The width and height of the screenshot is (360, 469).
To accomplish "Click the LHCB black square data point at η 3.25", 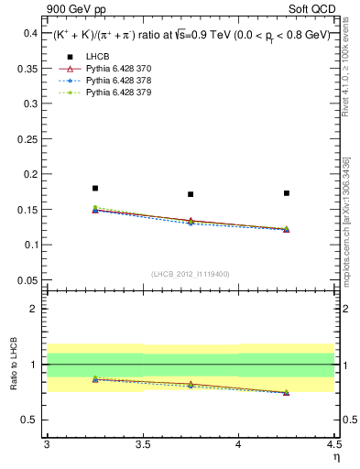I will point(94,188).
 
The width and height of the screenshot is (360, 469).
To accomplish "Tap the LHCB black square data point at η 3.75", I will point(191,194).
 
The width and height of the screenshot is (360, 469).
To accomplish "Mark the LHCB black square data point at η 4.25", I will point(287,193).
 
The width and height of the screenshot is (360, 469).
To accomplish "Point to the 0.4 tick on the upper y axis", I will point(31,33).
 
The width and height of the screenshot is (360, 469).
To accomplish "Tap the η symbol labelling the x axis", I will point(335,457).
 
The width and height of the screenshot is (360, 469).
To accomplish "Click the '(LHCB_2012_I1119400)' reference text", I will point(191,274).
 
